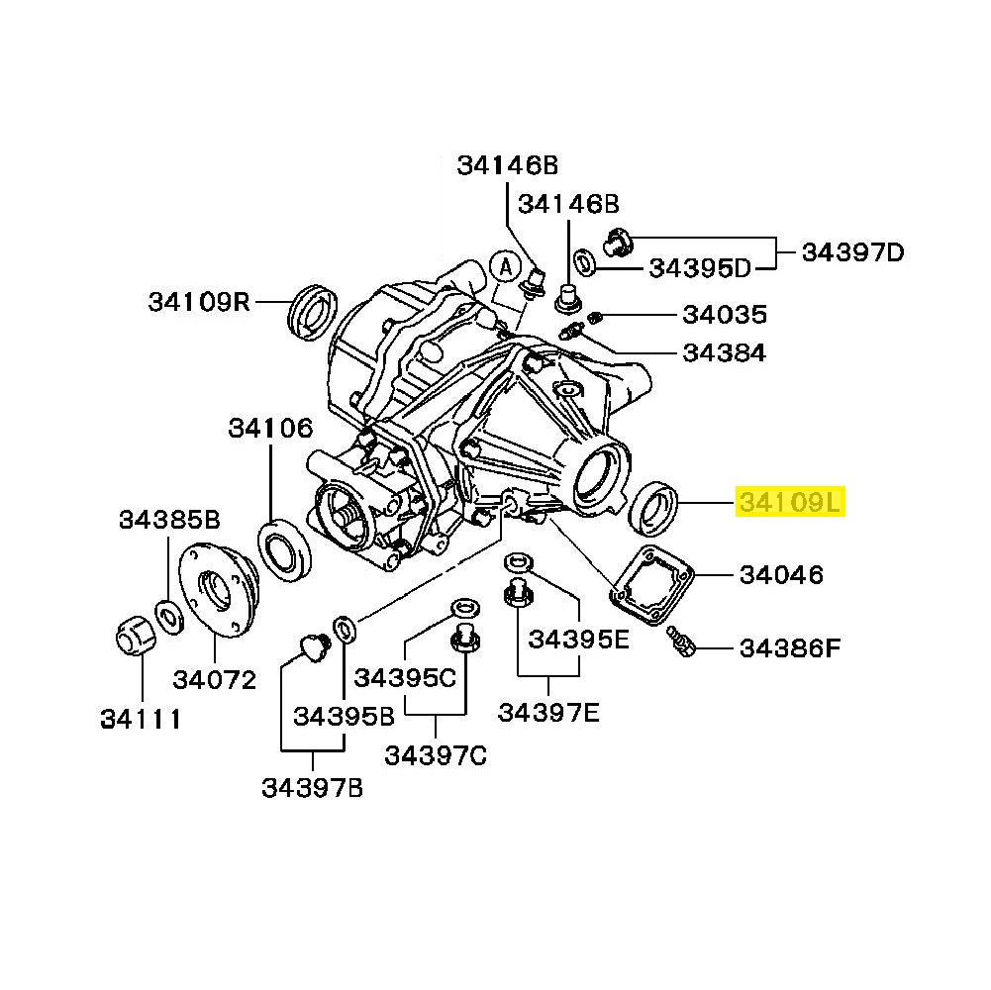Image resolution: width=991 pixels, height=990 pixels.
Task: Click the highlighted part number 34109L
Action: [x=788, y=504]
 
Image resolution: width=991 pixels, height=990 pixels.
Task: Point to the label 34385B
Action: [x=169, y=519]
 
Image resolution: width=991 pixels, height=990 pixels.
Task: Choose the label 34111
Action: [x=141, y=719]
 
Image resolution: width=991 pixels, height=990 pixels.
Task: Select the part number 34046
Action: [x=781, y=574]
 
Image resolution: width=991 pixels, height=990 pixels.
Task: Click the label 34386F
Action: [x=790, y=648]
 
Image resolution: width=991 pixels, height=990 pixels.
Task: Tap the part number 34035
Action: [x=724, y=315]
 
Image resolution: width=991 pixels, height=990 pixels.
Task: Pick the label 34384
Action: [x=724, y=352]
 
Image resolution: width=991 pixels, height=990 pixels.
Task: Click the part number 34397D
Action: [x=852, y=251]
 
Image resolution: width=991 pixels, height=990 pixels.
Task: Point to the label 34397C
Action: [x=436, y=755]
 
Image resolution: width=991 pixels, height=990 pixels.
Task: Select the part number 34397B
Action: [x=313, y=788]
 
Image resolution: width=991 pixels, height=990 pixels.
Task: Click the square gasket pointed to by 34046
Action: [x=652, y=584]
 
